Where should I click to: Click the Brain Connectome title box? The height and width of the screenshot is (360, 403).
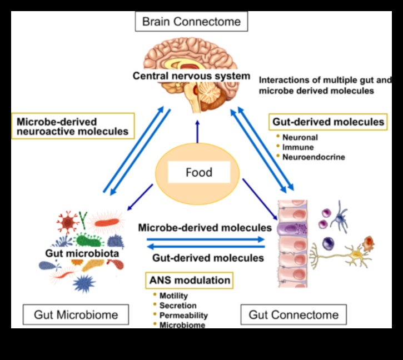[x=191, y=22]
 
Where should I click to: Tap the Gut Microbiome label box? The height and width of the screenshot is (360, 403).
[x=76, y=314]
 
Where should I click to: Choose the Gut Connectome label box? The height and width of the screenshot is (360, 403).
[x=293, y=314]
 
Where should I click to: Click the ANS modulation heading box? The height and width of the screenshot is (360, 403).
[x=188, y=280]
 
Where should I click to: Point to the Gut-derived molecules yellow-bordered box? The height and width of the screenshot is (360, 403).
[x=328, y=121]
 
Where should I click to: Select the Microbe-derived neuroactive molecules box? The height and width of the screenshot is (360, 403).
[x=72, y=126]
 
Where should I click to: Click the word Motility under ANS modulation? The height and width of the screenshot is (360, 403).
[x=173, y=296]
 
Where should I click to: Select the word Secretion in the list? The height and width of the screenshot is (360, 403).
[x=177, y=305]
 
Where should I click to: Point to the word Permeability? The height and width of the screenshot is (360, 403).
[x=183, y=315]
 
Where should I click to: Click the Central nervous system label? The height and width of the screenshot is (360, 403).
[x=192, y=75]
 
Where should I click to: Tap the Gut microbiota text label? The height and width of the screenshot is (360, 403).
[x=81, y=254]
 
